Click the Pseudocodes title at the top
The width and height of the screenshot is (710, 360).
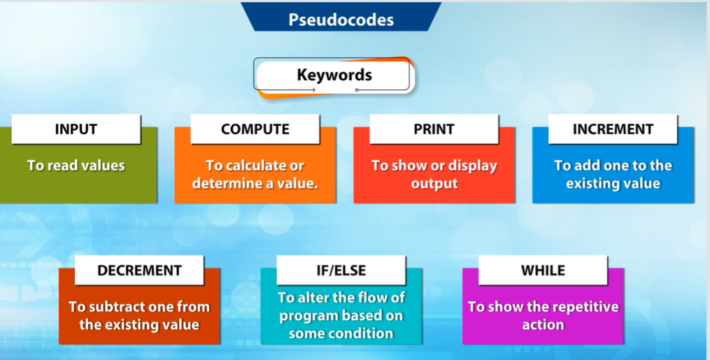coord(341,20)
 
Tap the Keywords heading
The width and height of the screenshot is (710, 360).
coord(334,75)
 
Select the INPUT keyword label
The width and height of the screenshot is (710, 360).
coord(76,129)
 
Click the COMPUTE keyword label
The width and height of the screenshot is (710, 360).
coord(255,129)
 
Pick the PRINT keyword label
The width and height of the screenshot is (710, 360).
coord(434,129)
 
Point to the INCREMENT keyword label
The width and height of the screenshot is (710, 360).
coord(613,129)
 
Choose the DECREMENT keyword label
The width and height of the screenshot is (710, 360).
coord(139,271)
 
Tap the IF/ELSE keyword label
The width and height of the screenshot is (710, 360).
coord(341,271)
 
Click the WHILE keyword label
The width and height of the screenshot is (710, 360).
coord(543,271)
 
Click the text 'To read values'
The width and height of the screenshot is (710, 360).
coord(76,166)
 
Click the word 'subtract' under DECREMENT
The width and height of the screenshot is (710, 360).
coord(116,307)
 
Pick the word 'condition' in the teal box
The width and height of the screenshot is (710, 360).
coord(364,333)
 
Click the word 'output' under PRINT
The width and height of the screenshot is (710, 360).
coord(434,184)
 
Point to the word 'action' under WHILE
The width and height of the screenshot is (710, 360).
coord(543,325)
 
